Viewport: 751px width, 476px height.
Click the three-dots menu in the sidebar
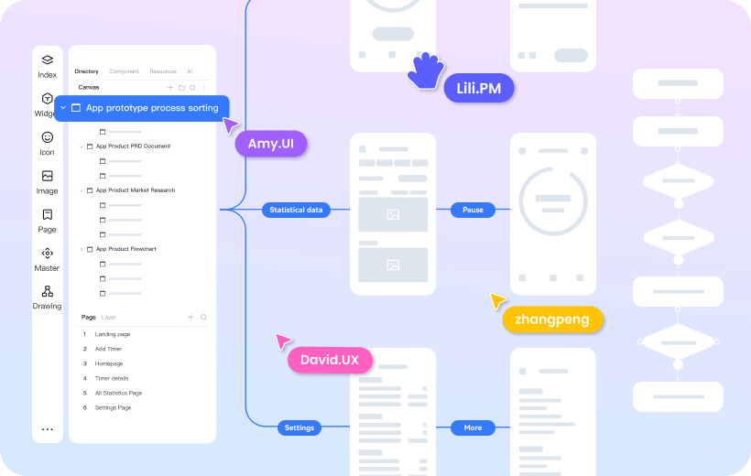point(47,428)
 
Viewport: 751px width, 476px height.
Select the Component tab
point(124,71)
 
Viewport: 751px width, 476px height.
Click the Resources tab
point(163,71)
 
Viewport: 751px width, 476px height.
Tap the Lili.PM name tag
point(478,89)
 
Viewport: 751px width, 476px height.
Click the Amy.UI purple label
point(270,145)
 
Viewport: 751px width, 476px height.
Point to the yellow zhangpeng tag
point(552,319)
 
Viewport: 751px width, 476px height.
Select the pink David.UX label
point(330,360)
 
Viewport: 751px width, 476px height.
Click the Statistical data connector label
point(296,210)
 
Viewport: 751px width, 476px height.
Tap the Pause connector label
point(473,210)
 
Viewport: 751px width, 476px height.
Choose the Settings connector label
point(299,427)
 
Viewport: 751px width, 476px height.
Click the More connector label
point(473,427)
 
